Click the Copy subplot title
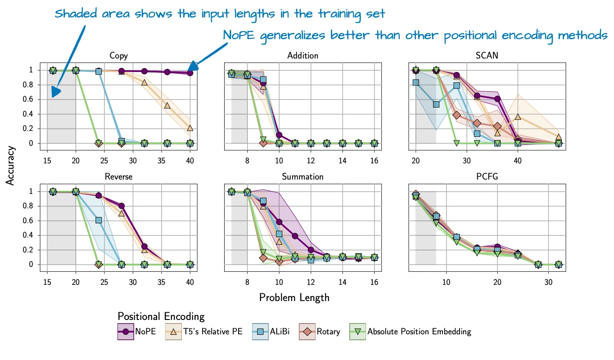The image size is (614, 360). click(118, 56)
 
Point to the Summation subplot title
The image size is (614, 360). click(302, 177)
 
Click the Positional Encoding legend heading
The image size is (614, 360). click(161, 316)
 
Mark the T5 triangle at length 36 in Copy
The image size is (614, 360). click(167, 105)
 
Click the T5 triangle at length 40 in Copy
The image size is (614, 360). click(190, 128)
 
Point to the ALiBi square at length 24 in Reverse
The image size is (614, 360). click(99, 220)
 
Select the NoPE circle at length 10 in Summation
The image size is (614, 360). click(279, 222)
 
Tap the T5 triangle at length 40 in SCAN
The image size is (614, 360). click(518, 117)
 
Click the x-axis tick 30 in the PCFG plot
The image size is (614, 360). click(548, 283)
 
